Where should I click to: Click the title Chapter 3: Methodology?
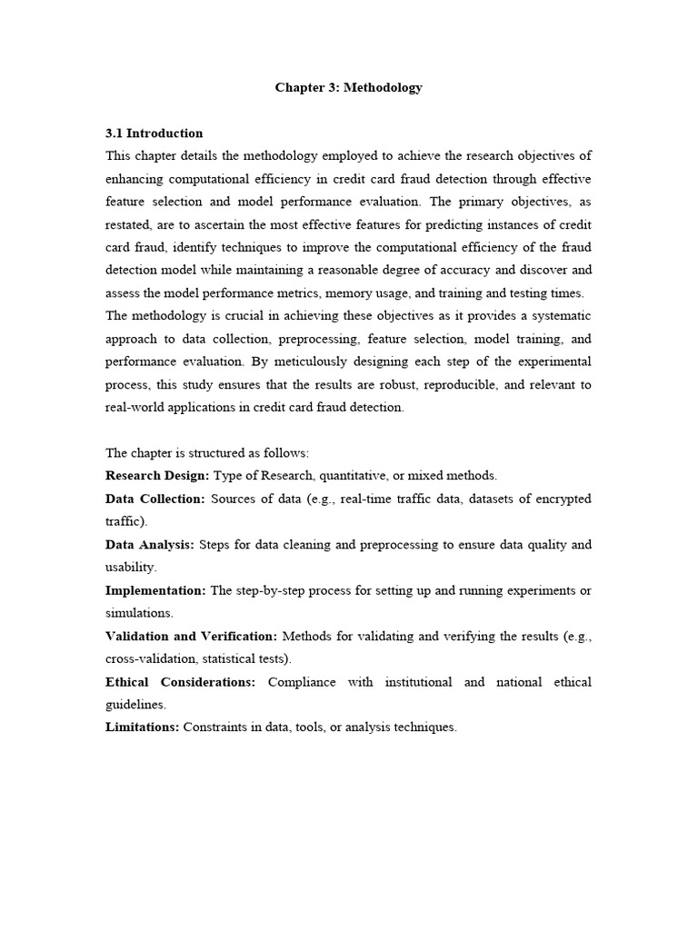coord(349,88)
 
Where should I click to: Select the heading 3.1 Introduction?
coord(155,134)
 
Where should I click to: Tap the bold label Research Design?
coord(157,476)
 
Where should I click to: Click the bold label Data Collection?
coord(155,499)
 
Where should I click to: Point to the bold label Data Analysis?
coord(150,545)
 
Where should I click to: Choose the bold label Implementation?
coord(155,590)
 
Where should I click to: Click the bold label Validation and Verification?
coord(191,636)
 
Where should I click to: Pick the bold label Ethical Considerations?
coord(181,682)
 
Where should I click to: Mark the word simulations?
coord(138,613)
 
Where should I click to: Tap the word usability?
coord(130,568)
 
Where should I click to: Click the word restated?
coord(130,224)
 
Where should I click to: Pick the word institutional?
coord(410,682)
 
